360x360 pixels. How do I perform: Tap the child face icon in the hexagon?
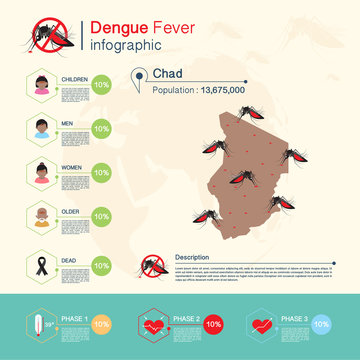[42, 85]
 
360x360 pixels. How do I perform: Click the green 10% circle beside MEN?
[100, 128]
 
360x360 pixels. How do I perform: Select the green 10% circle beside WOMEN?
[100, 172]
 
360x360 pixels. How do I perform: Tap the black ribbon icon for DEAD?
[42, 260]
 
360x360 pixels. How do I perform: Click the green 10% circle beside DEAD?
[100, 266]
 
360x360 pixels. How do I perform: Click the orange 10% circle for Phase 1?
[100, 325]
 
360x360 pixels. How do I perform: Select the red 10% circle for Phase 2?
[212, 324]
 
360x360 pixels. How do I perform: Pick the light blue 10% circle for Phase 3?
[321, 324]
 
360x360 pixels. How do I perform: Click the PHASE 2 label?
[186, 318]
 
